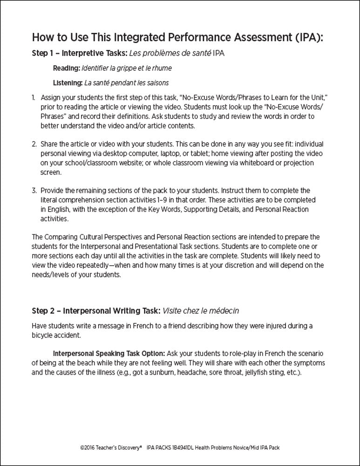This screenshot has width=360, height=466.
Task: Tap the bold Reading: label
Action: pos(66,68)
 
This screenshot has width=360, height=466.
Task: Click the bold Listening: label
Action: pos(68,83)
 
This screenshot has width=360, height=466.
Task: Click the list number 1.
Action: pos(34,98)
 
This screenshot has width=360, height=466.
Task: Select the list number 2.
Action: pos(34,144)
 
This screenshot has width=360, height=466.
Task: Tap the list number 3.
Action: pos(34,190)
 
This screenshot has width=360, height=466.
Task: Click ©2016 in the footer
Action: pos(88,447)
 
